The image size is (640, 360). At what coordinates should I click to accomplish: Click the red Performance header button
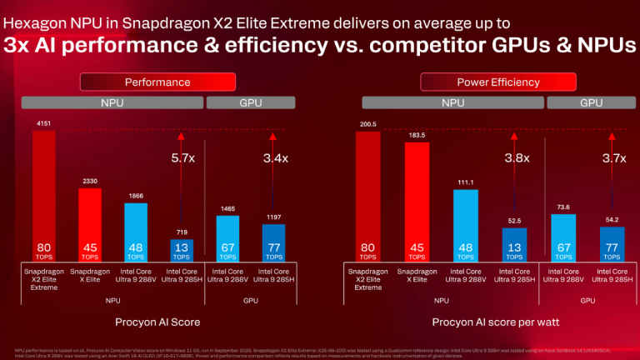point(157,82)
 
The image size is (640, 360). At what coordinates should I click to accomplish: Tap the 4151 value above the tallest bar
point(43,123)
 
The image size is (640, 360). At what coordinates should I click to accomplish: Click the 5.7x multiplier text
point(183,157)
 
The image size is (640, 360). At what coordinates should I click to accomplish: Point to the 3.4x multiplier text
point(274,157)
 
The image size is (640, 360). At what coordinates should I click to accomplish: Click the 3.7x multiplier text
point(613,157)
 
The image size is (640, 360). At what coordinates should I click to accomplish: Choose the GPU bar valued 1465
point(227,237)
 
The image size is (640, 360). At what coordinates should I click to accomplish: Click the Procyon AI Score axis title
point(157,320)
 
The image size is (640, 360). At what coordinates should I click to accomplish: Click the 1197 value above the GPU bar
point(273,216)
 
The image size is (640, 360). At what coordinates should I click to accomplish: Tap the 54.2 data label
point(612,219)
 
